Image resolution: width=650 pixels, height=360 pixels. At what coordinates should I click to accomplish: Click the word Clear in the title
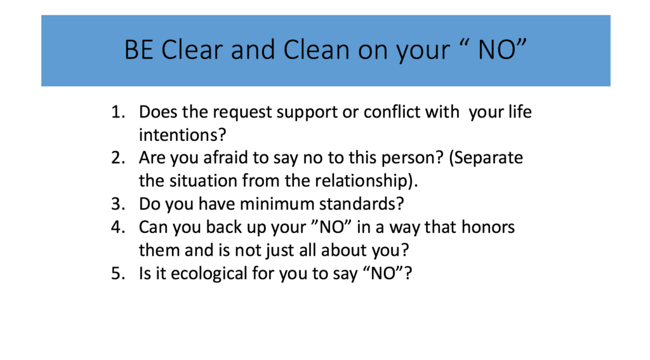pyautogui.click(x=192, y=50)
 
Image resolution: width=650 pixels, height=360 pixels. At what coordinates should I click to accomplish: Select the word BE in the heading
pyautogui.click(x=139, y=50)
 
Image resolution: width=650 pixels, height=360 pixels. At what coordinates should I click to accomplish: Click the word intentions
pyautogui.click(x=178, y=135)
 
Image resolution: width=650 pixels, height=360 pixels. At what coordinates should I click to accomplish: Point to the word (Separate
pyautogui.click(x=486, y=159)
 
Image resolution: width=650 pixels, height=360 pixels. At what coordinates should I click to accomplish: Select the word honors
pyautogui.click(x=488, y=227)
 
